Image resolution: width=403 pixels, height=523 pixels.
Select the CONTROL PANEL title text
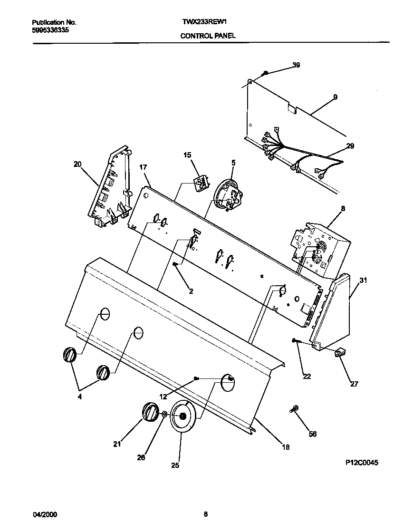click(x=208, y=36)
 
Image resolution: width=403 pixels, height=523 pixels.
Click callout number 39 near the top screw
click(x=296, y=65)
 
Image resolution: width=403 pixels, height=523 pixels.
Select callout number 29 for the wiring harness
click(x=350, y=146)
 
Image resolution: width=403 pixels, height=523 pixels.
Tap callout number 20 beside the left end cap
click(x=77, y=165)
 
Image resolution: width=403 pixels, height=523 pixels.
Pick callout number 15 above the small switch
click(x=187, y=155)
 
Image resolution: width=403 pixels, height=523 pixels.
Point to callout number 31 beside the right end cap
click(x=363, y=281)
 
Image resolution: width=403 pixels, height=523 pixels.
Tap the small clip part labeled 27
click(x=339, y=352)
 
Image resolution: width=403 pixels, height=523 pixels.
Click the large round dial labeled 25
click(x=182, y=416)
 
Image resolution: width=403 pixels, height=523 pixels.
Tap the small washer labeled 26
click(x=163, y=415)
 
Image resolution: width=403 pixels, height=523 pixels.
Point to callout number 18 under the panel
click(x=285, y=447)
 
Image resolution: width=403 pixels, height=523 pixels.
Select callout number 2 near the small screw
click(x=191, y=291)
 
